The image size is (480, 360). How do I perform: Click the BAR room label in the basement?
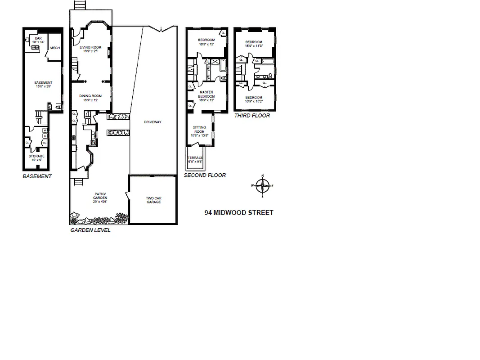click(x=38, y=39)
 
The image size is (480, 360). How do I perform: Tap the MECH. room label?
click(x=55, y=48)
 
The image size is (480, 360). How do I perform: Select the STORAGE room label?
click(x=37, y=156)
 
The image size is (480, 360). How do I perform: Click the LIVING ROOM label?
click(x=90, y=47)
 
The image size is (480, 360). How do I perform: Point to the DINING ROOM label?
click(x=90, y=96)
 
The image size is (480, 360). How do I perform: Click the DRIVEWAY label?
click(x=153, y=122)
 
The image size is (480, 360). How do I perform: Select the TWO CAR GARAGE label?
click(x=153, y=200)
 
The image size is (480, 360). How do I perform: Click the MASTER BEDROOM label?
click(x=206, y=94)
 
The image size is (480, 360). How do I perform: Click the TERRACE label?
click(x=195, y=157)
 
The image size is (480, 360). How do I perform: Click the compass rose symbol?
click(x=263, y=185)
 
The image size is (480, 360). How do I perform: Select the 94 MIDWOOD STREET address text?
click(x=238, y=212)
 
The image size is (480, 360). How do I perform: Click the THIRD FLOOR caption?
click(x=252, y=116)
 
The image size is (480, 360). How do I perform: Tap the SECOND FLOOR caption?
click(x=205, y=175)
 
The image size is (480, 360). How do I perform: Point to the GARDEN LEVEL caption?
click(x=90, y=230)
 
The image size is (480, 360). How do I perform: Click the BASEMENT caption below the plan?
click(x=37, y=176)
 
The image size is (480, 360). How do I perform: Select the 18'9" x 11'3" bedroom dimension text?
click(x=254, y=45)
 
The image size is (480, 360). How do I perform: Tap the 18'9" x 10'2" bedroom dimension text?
click(x=254, y=101)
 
